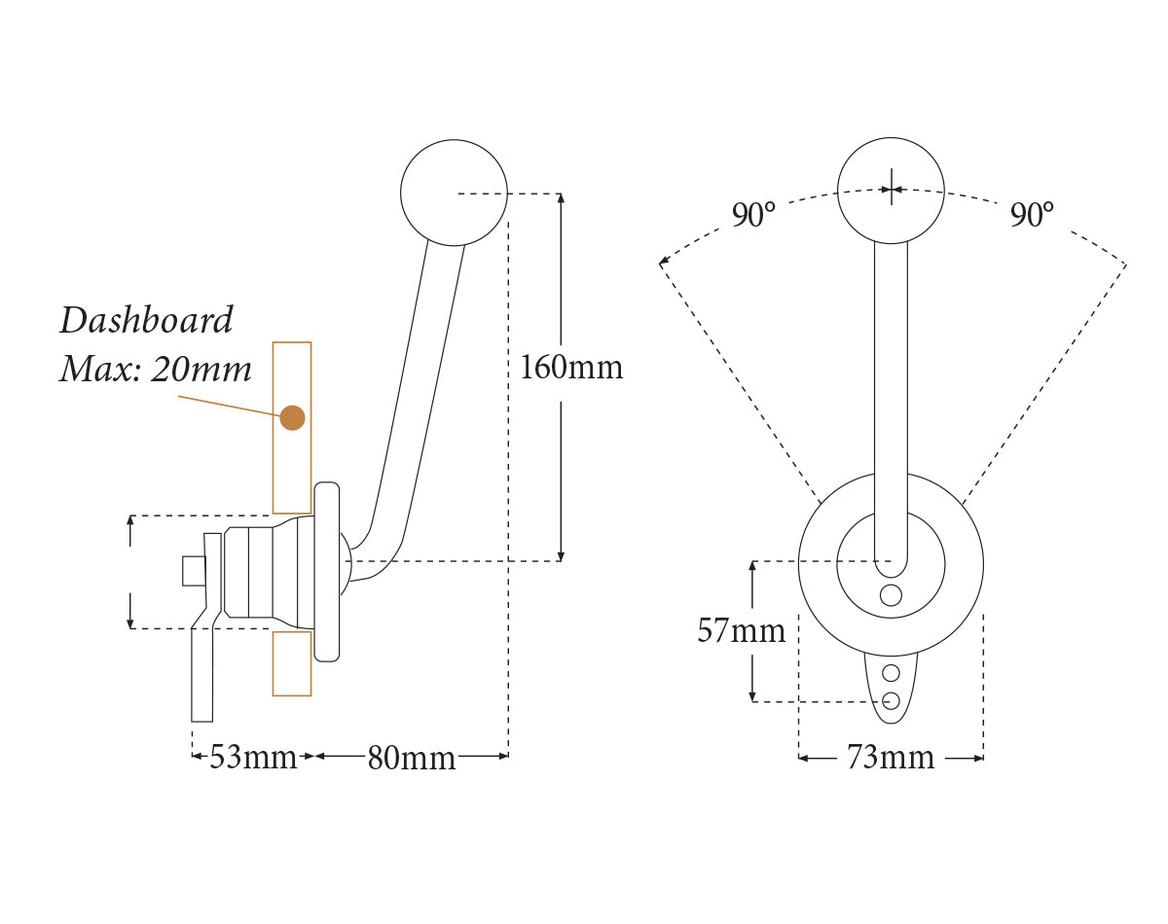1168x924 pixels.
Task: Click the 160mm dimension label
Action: coord(571,368)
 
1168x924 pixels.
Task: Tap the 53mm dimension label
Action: coord(253,757)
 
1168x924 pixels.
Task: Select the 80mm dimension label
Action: coord(411,758)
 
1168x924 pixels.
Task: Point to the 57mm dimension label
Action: coord(741,631)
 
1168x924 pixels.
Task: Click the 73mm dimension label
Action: coord(890,758)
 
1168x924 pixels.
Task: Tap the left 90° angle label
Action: coord(754,215)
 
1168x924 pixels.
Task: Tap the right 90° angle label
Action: coord(1032,215)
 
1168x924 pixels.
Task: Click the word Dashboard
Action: coord(147,320)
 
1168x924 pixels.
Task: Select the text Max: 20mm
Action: coord(156,370)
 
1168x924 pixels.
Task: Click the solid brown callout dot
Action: coord(292,417)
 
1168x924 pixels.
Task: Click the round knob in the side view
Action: coord(454,192)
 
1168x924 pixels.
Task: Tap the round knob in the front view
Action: coord(891,189)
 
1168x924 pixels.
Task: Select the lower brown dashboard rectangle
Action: coord(292,663)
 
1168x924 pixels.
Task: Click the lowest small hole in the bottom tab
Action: coord(891,698)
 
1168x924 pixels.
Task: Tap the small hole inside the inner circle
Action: coord(891,595)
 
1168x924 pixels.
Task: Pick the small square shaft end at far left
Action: coord(194,571)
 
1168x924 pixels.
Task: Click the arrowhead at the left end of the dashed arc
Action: coord(664,263)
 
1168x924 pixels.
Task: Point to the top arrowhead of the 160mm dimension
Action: coord(561,198)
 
